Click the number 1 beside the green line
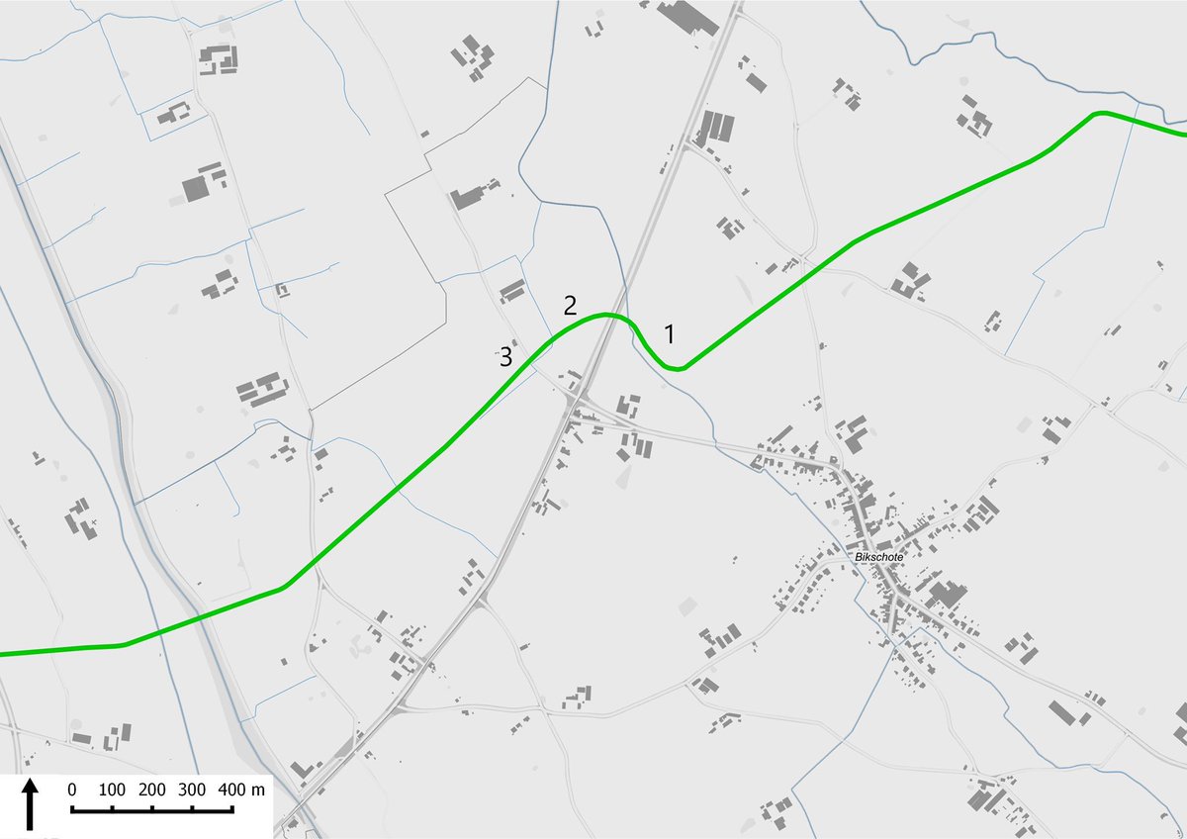coord(670,333)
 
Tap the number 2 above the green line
coord(570,305)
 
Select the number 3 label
coord(505,357)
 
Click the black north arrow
coord(31,802)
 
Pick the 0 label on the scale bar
coord(72,790)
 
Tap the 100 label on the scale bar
coord(112,790)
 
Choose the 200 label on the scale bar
coord(152,790)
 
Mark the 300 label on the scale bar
coord(193,790)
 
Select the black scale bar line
coord(152,810)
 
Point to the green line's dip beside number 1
coord(675,368)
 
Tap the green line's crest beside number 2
coord(608,316)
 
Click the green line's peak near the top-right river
coord(1100,114)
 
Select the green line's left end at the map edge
coord(3,654)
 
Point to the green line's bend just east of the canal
coord(284,588)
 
